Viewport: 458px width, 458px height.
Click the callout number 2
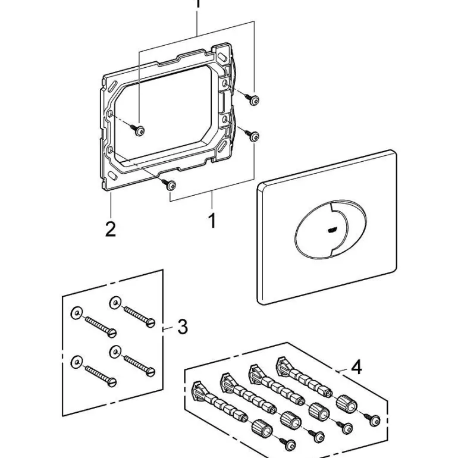(x=110, y=228)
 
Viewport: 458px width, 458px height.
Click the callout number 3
(x=183, y=326)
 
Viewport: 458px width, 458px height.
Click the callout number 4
(x=356, y=367)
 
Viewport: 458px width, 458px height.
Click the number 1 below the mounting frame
(x=212, y=221)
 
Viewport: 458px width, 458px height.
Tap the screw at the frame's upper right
(x=254, y=101)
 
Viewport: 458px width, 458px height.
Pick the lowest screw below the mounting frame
(x=171, y=186)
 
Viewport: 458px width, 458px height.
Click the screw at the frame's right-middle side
(x=254, y=137)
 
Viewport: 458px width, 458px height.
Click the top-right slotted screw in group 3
(x=138, y=314)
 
